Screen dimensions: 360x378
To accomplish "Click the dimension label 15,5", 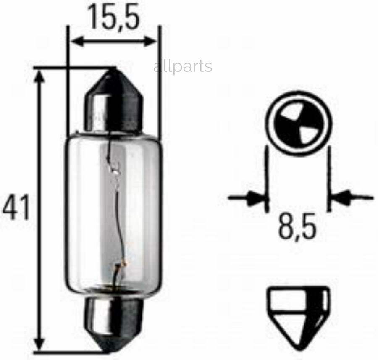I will [x=114, y=18].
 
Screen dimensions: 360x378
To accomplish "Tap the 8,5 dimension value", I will [x=297, y=227].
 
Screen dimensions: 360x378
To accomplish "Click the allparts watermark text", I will [x=183, y=67].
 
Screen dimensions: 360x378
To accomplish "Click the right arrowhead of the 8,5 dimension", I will [x=342, y=197].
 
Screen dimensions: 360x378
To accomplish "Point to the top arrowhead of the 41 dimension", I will [x=39, y=77].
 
